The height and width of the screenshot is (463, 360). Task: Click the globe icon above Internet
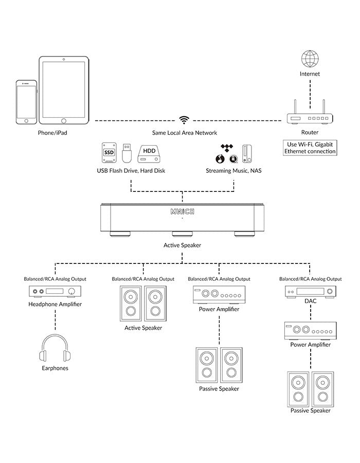point(310,59)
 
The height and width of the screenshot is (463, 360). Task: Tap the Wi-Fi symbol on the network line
point(184,120)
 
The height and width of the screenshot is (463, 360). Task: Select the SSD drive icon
point(109,153)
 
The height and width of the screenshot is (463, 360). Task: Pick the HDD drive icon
point(149,154)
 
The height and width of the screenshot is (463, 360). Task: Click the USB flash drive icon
point(127,153)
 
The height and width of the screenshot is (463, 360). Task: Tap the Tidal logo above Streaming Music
point(227,148)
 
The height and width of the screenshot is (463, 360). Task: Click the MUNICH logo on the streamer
point(183,211)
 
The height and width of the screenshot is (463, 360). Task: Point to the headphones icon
point(55,348)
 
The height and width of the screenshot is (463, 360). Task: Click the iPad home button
point(64,121)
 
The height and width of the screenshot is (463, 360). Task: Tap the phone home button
point(26,121)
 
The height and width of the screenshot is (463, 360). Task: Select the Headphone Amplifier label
point(55,304)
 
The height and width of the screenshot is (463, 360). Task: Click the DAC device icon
point(311,292)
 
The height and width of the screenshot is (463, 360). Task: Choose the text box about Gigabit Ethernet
point(310,148)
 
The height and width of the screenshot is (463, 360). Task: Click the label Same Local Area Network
point(185,133)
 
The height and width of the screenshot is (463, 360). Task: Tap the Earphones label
point(55,368)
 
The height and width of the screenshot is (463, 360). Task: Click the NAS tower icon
point(247,154)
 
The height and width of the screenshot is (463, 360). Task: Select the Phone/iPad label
point(52,133)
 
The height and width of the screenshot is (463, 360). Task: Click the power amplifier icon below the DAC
point(311,331)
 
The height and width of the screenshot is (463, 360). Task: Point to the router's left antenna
point(295,106)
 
